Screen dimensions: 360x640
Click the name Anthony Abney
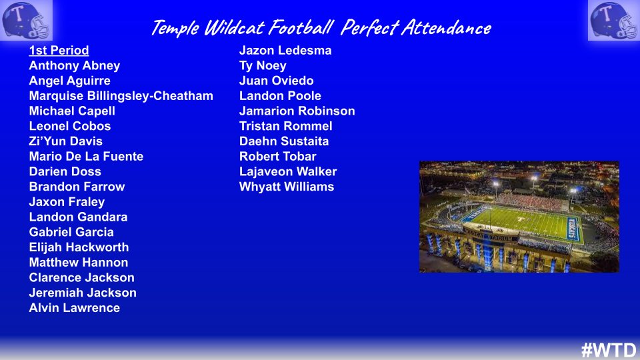click(74, 65)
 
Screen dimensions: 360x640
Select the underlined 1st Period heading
click(59, 50)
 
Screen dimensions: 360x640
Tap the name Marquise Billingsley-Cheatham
click(121, 95)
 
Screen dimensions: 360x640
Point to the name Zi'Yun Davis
click(65, 141)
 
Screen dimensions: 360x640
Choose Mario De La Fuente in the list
click(86, 157)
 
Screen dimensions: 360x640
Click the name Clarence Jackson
click(81, 277)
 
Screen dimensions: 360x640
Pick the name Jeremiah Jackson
click(83, 293)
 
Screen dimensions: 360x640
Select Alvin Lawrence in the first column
click(74, 308)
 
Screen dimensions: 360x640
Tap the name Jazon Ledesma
click(285, 50)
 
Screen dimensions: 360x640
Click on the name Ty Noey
click(263, 65)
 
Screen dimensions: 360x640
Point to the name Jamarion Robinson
click(297, 111)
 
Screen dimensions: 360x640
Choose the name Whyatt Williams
click(287, 187)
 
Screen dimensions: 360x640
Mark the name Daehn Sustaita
click(284, 141)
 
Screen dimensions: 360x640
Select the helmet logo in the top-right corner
click(613, 20)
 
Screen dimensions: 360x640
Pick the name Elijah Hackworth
click(79, 247)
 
